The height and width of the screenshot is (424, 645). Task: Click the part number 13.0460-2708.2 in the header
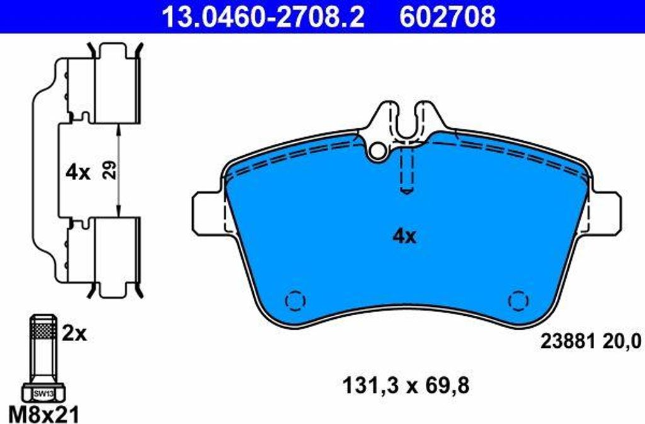[x=263, y=17]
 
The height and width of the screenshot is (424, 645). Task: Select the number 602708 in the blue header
[x=448, y=17]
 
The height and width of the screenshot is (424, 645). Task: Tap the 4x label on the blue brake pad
[x=405, y=237]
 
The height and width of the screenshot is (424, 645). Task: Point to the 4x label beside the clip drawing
[x=77, y=172]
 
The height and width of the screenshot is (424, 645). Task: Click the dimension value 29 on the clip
[x=110, y=170]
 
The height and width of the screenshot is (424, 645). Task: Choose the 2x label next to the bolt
[x=74, y=335]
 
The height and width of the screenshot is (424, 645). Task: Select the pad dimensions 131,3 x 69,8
[x=406, y=386]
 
